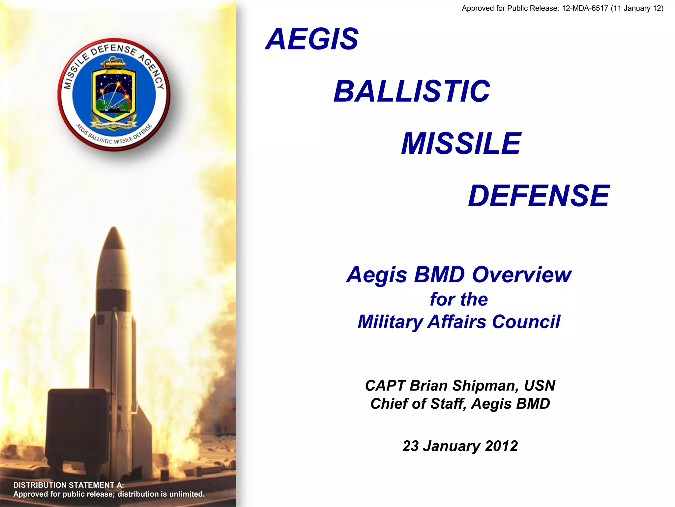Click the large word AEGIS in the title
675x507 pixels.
[x=312, y=39]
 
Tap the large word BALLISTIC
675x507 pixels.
[x=412, y=91]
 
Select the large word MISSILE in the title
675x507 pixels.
[x=461, y=144]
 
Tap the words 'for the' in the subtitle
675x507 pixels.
[x=458, y=299]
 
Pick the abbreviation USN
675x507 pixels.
[x=540, y=386]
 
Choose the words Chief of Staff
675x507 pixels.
[x=418, y=404]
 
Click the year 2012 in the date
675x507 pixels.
[x=501, y=446]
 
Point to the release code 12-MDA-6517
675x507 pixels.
[x=585, y=8]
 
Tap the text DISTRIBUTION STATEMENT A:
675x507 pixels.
[x=69, y=485]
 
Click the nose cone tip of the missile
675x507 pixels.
[x=114, y=228]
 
